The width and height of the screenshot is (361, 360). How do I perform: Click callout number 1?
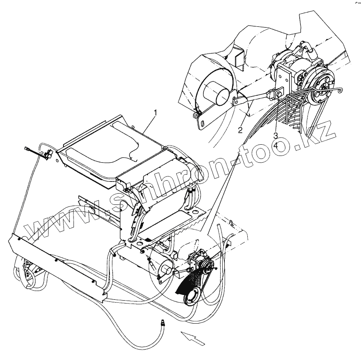[x=155, y=112]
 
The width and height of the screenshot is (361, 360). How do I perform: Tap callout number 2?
[x=240, y=130]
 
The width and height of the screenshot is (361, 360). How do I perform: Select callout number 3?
[x=276, y=135]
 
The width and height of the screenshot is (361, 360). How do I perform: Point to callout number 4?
[x=276, y=146]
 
